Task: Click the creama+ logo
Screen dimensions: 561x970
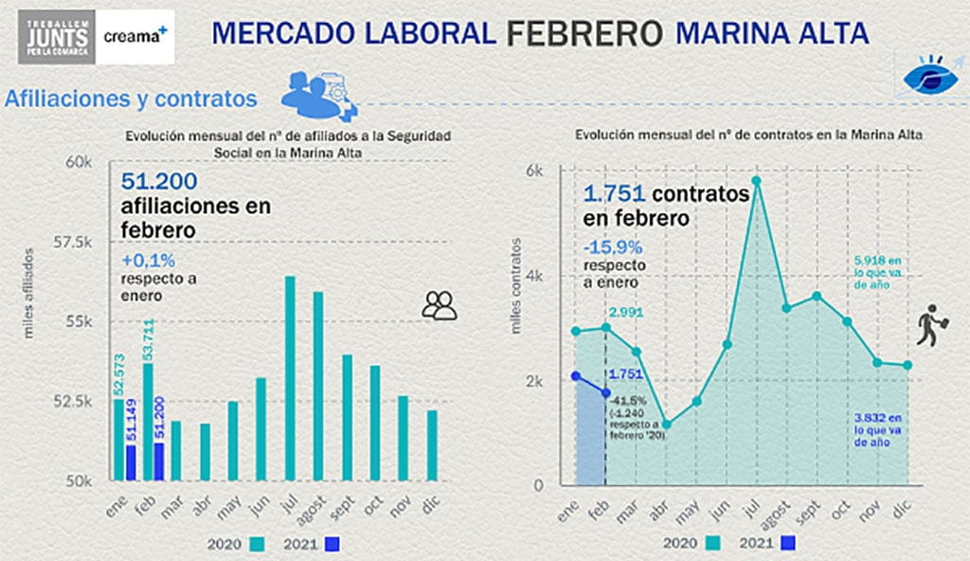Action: [136, 35]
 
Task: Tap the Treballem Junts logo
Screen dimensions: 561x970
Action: [56, 36]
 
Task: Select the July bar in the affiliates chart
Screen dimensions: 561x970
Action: [290, 379]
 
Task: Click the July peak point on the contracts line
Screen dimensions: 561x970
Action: [756, 180]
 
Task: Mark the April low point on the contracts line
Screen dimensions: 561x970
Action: [666, 425]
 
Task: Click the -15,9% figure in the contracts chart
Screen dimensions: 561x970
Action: [618, 247]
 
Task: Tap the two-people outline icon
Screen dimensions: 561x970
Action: [440, 304]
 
